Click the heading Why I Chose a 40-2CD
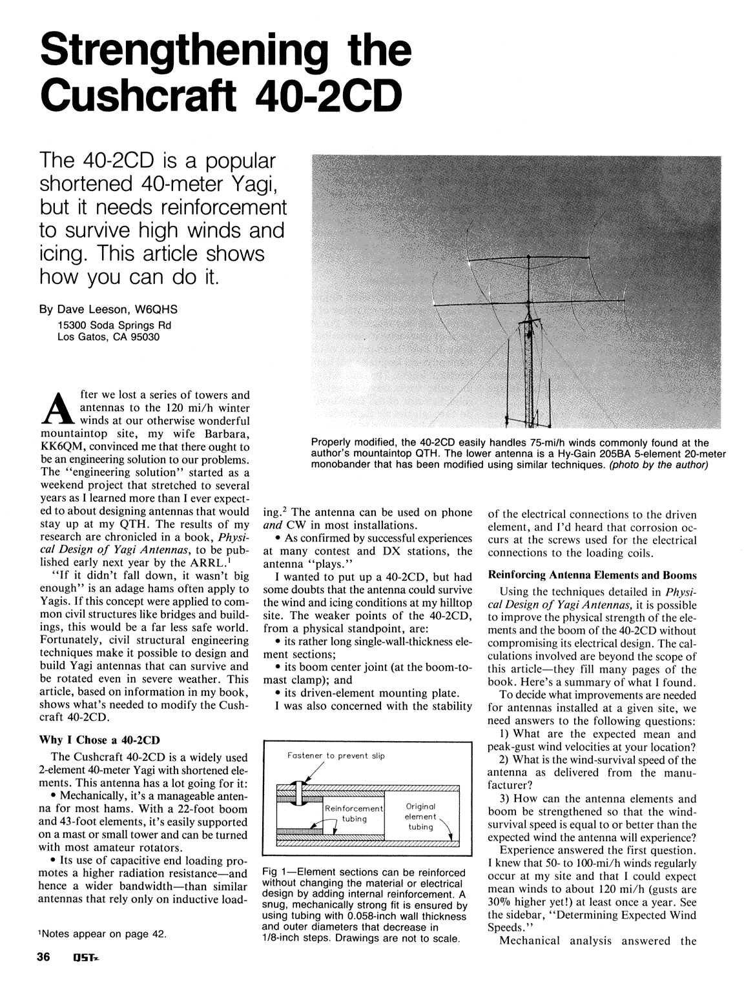[x=100, y=739]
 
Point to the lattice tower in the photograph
[x=532, y=374]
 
